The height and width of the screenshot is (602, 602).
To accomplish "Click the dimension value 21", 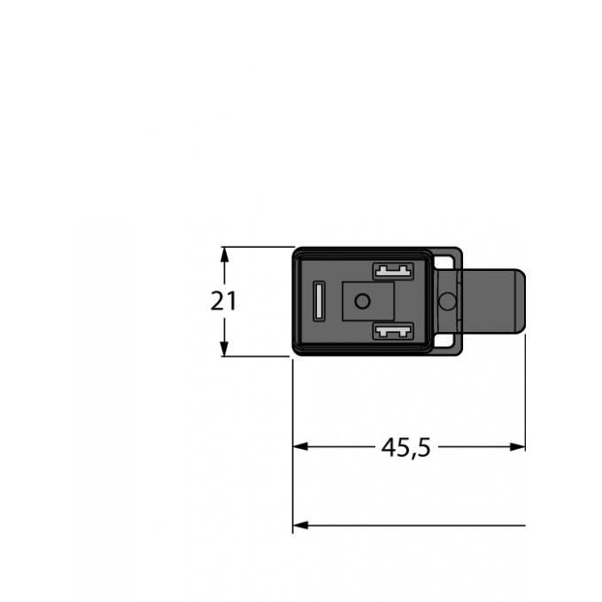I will [224, 301].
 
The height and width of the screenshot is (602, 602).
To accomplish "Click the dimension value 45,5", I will [405, 448].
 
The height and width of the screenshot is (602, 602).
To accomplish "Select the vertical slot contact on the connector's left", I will [320, 301].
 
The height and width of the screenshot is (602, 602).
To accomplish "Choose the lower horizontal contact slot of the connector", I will [393, 333].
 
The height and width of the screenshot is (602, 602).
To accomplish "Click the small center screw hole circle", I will [360, 302].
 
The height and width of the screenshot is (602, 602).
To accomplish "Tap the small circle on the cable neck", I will [448, 302].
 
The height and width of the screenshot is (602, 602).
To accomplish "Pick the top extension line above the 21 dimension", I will [257, 246].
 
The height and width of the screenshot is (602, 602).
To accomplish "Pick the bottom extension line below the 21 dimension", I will [257, 357].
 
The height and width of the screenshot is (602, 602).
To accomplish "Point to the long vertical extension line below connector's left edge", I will [293, 443].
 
